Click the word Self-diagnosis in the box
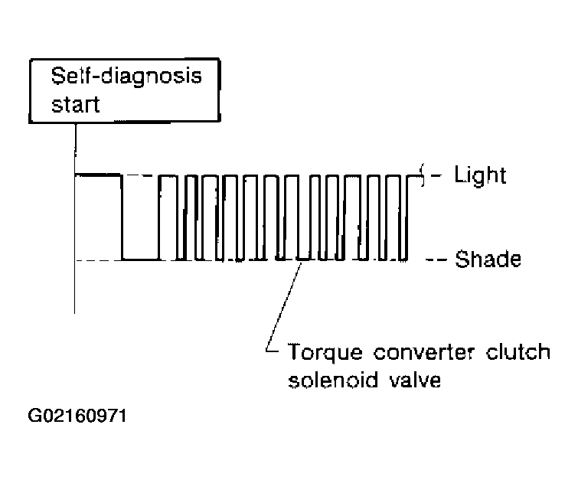point(126,77)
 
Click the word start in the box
point(76,105)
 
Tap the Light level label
point(480,175)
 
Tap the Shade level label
point(488,259)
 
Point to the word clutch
point(518,351)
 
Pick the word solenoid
point(333,380)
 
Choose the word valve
point(415,380)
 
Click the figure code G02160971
point(77,416)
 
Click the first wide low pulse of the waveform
point(140,260)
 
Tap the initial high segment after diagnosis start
point(98,175)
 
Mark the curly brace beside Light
point(423,175)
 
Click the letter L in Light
point(459,175)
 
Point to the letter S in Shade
point(462,259)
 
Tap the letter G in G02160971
point(35,416)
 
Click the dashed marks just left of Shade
point(436,260)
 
